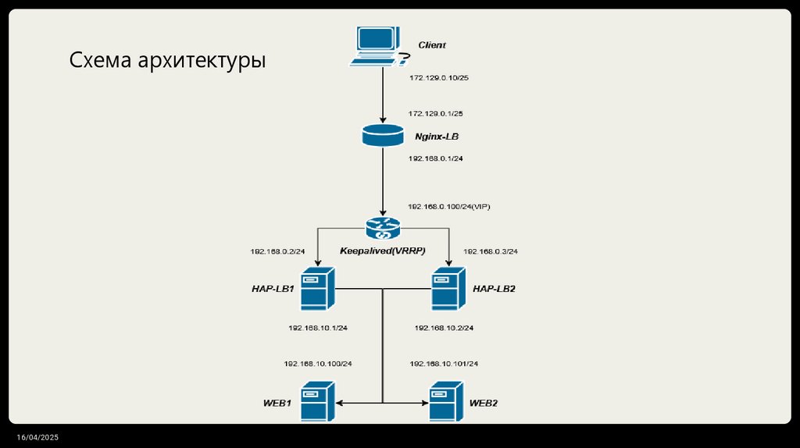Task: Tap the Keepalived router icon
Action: click(383, 228)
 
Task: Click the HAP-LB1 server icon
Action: click(319, 289)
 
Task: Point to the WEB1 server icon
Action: click(319, 401)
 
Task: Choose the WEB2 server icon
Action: click(446, 401)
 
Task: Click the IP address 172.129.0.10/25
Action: click(438, 78)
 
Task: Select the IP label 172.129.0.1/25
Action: click(435, 114)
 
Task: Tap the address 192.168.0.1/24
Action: click(435, 158)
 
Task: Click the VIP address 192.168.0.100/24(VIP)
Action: click(448, 207)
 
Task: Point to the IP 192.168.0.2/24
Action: click(277, 252)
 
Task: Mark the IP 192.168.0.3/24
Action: click(491, 252)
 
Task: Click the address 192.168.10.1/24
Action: click(317, 328)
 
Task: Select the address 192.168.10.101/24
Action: click(444, 364)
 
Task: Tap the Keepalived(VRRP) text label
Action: click(382, 251)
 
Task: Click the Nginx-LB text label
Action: click(437, 137)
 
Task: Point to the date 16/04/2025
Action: click(40, 437)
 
